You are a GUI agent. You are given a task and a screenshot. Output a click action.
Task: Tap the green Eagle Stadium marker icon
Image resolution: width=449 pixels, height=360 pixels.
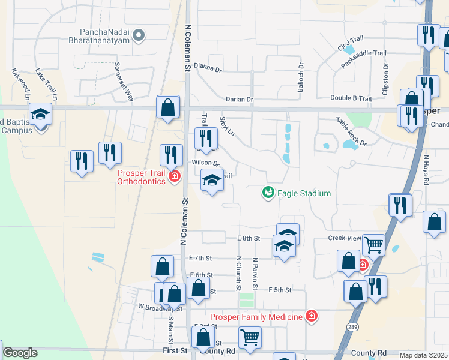tap(268, 193)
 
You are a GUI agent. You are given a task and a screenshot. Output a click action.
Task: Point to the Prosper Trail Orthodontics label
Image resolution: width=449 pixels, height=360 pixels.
tap(142, 177)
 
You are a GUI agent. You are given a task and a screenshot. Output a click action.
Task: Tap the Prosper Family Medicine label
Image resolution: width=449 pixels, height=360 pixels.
tap(256, 316)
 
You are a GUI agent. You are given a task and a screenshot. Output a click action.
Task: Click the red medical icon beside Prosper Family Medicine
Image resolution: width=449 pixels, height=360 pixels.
tap(310, 316)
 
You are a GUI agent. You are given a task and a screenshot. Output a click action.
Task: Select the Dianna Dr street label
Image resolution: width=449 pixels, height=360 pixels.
tap(208, 68)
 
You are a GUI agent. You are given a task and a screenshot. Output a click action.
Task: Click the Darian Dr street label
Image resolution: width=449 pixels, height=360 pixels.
tap(240, 99)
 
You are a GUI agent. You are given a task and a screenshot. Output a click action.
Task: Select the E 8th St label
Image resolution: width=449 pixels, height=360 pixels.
tap(249, 238)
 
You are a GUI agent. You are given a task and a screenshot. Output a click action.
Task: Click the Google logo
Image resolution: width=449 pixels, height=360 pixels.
tap(20, 353)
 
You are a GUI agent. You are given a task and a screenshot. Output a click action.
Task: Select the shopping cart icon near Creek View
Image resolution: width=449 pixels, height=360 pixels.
tap(373, 244)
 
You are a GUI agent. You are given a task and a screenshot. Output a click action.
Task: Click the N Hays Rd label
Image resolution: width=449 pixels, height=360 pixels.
tap(427, 169)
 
